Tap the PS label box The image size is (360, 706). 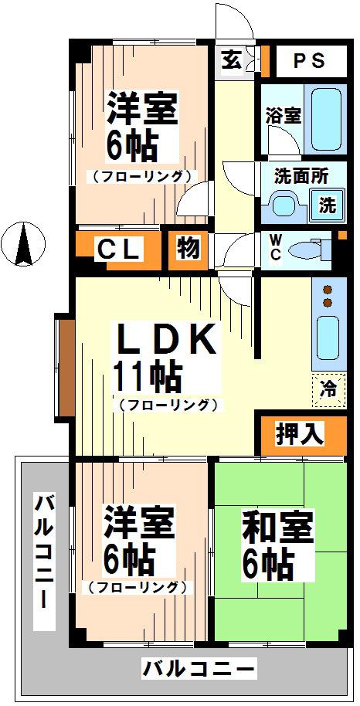310,60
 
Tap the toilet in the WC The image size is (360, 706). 307,250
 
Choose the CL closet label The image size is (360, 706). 118,250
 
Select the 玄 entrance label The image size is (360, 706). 231,60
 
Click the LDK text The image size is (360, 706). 166,341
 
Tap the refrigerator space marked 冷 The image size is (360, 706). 329,390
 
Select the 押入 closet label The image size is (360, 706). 299,435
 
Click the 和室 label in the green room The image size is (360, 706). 277,528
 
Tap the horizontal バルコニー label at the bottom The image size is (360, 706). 198,669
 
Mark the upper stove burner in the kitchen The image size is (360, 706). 328,289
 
